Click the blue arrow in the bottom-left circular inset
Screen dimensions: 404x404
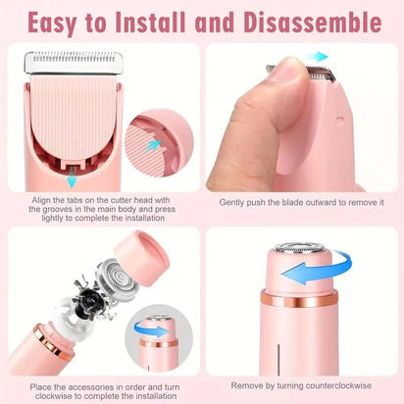pos(154,331)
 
